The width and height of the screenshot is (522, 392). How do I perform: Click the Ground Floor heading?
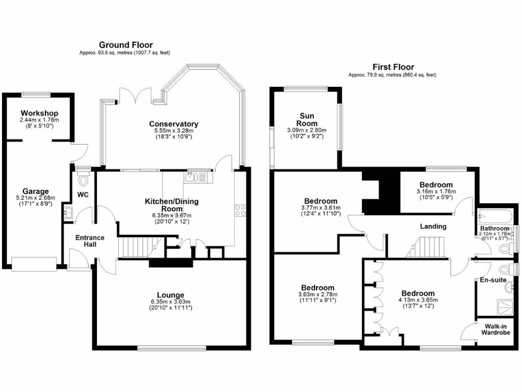point(125,45)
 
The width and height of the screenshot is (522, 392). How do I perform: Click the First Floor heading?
point(393,67)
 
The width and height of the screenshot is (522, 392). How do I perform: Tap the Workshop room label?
point(39,113)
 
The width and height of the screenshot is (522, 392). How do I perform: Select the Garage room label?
point(35,191)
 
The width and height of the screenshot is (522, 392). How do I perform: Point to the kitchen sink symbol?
point(192,177)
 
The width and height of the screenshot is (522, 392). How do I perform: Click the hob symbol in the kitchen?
point(240,211)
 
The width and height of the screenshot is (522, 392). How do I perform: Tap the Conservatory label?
point(173,124)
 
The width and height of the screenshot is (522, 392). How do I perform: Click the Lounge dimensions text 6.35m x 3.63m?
point(170,302)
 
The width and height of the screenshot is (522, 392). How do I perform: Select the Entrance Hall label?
point(90,241)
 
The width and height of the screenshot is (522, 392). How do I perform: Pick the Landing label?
point(433,226)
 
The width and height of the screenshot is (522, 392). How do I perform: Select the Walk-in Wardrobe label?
point(495,329)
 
